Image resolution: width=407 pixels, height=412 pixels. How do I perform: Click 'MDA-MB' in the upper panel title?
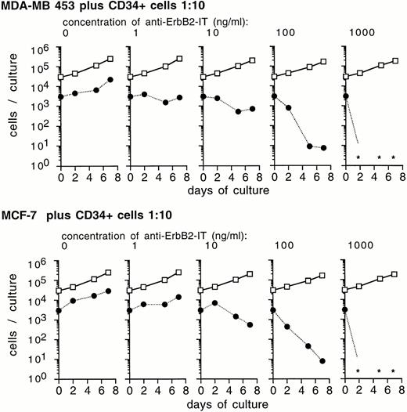pos(25,8)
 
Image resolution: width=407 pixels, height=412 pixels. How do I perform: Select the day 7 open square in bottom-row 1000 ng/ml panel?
pos(394,274)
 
